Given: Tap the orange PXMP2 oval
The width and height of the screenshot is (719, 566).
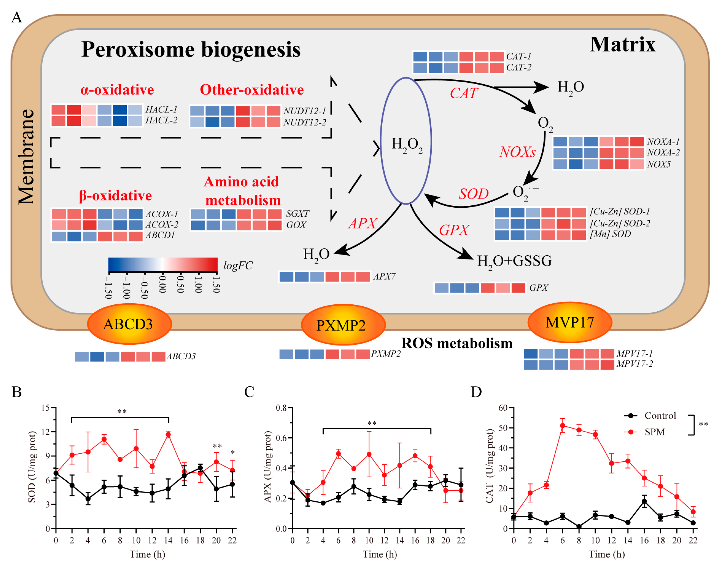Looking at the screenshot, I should tap(343, 325).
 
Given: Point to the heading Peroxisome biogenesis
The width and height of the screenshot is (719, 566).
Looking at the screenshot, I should tap(191, 50).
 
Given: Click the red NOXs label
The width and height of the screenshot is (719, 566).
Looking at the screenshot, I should tap(517, 152).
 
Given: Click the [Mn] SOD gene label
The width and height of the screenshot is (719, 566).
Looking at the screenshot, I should tap(610, 234).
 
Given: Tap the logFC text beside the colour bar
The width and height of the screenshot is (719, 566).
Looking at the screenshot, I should tap(238, 265).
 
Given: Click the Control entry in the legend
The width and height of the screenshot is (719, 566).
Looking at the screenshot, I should tap(660, 415).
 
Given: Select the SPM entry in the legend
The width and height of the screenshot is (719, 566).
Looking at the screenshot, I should tap(655, 432).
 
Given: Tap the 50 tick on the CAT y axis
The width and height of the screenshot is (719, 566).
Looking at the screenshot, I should tap(503, 428).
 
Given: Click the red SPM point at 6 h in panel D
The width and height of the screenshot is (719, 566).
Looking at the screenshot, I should tap(562, 426).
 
